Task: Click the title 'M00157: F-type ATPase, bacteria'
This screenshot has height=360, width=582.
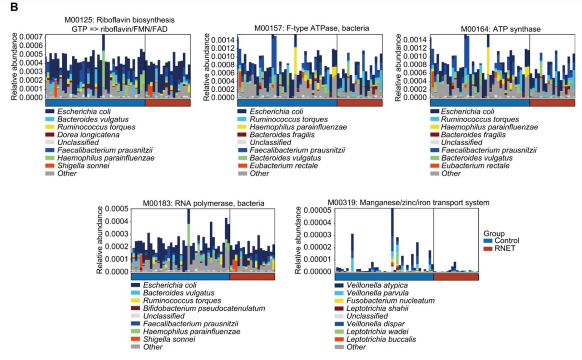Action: click(311, 28)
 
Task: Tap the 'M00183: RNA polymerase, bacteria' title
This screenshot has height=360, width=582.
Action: click(203, 203)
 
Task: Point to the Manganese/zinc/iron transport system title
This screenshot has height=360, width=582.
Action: click(408, 203)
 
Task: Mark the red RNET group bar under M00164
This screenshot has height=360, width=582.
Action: click(552, 103)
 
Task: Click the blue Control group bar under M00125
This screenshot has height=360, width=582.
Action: click(95, 103)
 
